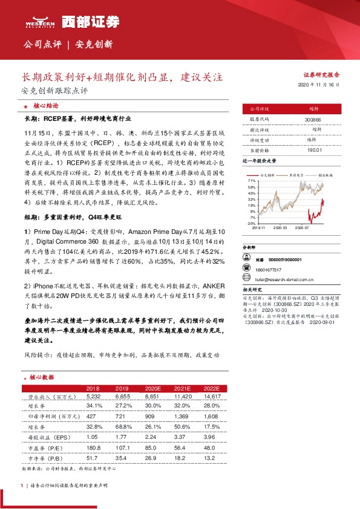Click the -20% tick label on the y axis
pos(250,223)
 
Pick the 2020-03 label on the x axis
pos(281,228)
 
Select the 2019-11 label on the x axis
pos(258,228)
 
